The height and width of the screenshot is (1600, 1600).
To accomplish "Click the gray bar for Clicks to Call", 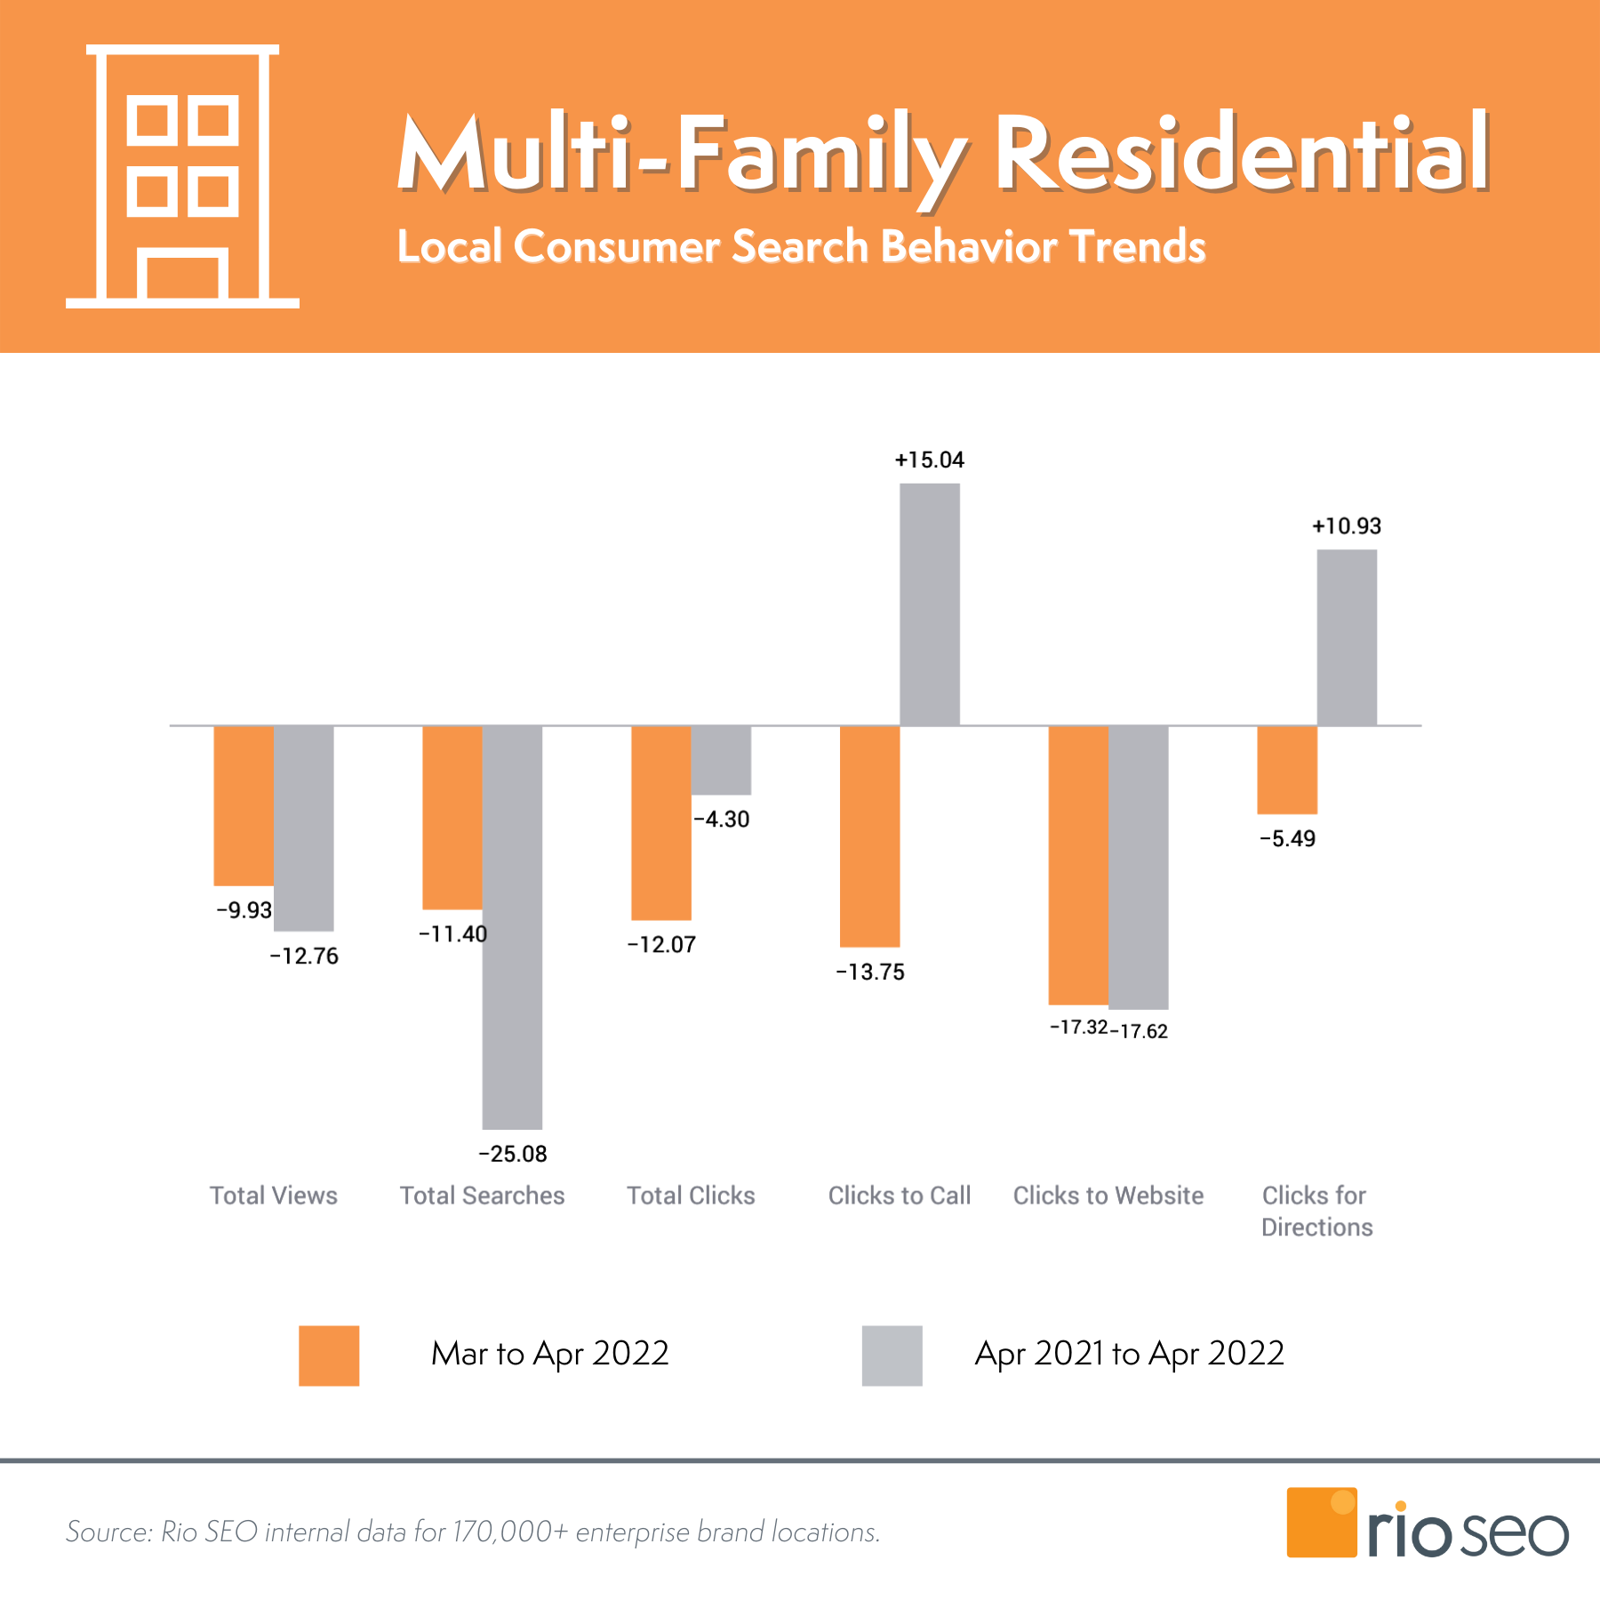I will click(930, 604).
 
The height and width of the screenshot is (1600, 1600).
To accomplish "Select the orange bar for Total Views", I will click(244, 805).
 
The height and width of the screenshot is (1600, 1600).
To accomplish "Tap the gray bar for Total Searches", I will click(512, 927).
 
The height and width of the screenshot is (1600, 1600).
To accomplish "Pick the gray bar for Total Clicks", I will click(721, 760).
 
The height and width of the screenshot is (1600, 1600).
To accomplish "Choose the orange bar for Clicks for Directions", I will click(1287, 770).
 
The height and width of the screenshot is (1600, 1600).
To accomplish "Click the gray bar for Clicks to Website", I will click(1139, 867).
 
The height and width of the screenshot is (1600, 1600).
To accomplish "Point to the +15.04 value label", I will click(929, 460).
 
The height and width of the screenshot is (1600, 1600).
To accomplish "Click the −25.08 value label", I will click(513, 1154).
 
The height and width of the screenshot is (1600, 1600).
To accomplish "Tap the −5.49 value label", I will click(1287, 838).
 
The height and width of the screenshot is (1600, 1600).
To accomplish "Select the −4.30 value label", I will click(721, 819).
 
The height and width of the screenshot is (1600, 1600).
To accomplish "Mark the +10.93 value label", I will click(1347, 526).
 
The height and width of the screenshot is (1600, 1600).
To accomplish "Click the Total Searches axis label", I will click(482, 1196).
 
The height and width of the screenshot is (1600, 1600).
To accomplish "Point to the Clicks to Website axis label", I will click(1108, 1196).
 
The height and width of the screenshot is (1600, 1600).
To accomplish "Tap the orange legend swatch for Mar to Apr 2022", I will click(329, 1356).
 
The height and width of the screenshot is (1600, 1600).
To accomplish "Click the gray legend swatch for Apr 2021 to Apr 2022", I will click(892, 1356).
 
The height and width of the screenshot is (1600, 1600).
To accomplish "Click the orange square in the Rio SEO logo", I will click(1321, 1523).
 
